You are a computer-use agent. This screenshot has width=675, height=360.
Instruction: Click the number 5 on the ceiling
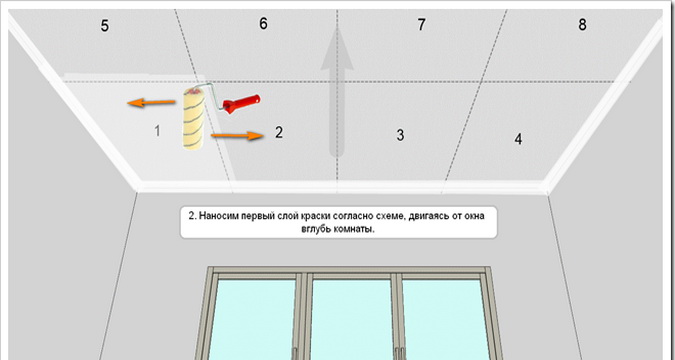[105, 26]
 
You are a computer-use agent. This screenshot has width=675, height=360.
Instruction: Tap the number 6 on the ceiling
[263, 24]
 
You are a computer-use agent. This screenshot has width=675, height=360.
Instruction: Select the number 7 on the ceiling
[421, 25]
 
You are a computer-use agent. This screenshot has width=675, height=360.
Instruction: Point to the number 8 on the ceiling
[582, 25]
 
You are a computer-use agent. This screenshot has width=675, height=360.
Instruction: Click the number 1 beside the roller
[157, 130]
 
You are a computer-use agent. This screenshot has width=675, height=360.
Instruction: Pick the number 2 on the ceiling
[279, 132]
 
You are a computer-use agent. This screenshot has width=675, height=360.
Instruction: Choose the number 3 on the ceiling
[400, 135]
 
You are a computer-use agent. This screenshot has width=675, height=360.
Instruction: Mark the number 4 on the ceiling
[518, 139]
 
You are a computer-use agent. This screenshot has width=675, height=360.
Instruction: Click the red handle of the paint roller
[241, 104]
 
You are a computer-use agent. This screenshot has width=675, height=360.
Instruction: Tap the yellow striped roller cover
[193, 118]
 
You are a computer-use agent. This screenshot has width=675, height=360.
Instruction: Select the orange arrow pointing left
[151, 102]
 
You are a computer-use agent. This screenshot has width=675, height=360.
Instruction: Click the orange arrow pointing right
[237, 136]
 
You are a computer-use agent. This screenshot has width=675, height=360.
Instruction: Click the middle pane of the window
[351, 320]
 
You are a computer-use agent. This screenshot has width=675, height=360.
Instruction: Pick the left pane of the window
[253, 320]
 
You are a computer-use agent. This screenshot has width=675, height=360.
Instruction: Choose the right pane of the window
[446, 320]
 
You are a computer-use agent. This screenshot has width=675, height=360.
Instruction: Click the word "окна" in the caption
[474, 216]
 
